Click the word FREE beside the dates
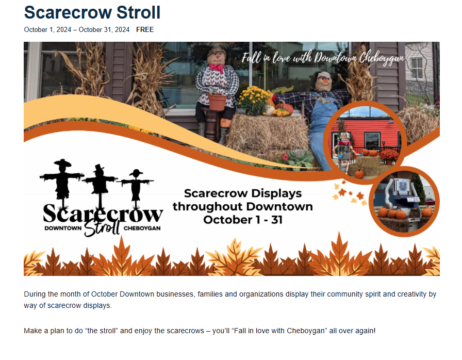145,30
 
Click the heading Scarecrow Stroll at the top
92,13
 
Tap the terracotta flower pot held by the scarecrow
218,102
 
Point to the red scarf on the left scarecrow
217,68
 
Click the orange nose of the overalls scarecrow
325,79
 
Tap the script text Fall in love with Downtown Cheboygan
323,57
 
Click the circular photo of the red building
365,142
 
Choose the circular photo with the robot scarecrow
404,202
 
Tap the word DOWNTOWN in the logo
63,228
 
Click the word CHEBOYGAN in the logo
142,228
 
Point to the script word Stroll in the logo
102,227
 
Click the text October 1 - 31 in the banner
243,220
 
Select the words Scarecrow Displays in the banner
243,193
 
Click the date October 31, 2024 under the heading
104,30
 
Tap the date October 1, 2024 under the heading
47,30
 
